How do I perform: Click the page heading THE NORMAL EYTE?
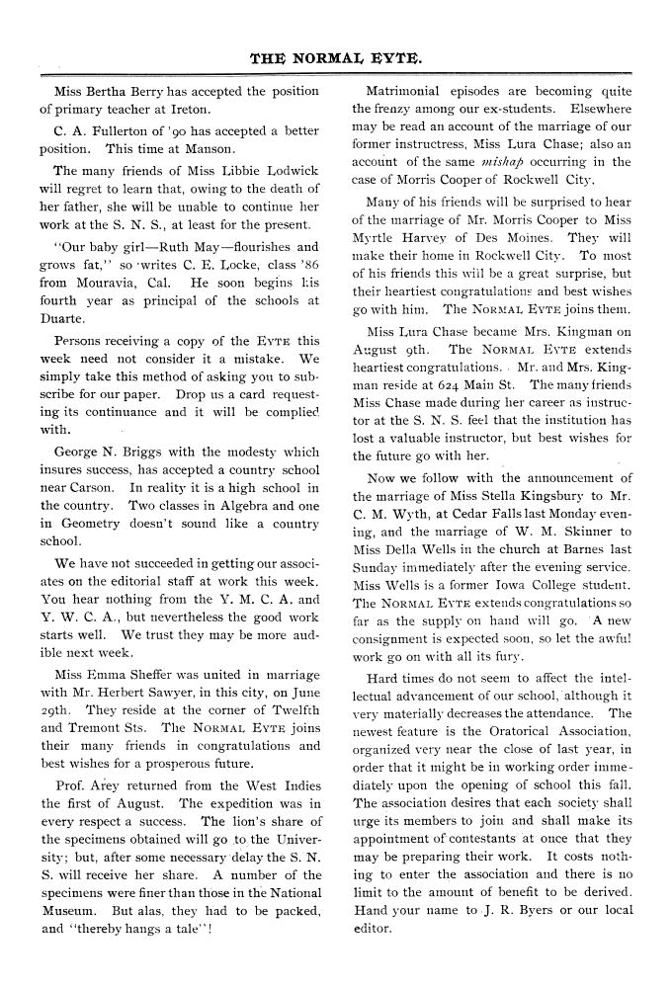click(336, 58)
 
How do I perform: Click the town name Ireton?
click(188, 109)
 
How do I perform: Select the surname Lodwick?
click(290, 171)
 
